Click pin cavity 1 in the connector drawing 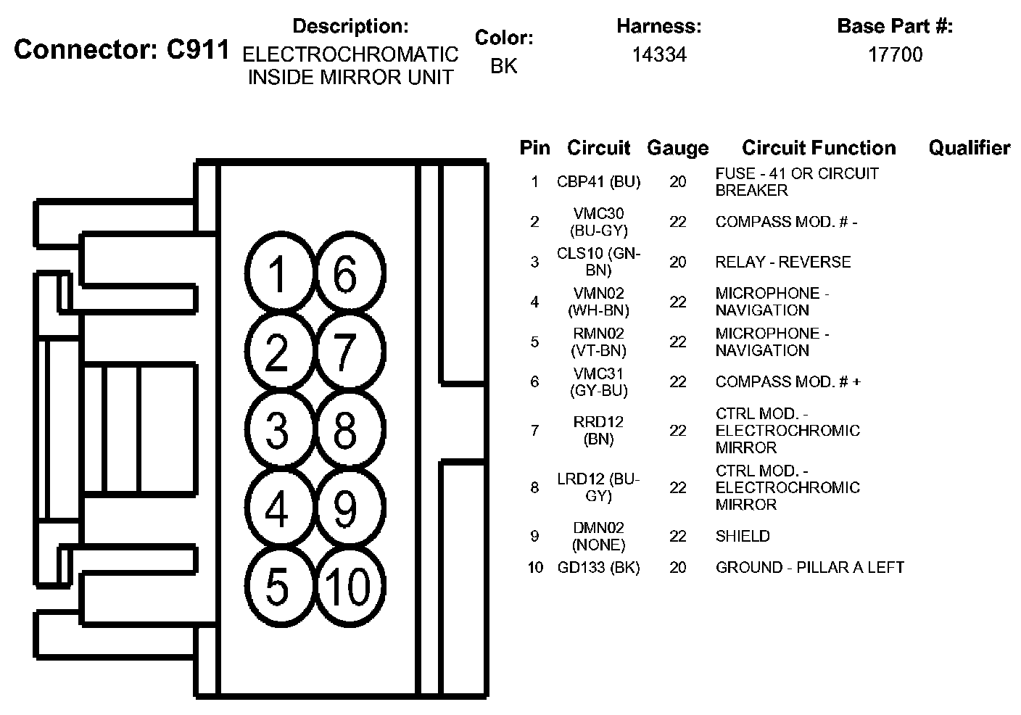(278, 273)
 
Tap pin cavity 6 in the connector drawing (346, 273)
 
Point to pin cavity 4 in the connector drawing (278, 508)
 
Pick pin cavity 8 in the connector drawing (346, 430)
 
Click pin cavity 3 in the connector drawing (278, 430)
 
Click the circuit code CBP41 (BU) (598, 182)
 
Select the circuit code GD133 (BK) (598, 567)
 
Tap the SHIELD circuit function (743, 536)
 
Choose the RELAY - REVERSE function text (782, 262)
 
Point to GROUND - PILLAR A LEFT (809, 567)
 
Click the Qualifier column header (969, 148)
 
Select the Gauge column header (677, 148)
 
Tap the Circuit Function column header (819, 148)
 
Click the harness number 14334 (658, 55)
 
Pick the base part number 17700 (895, 55)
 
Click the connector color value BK (504, 66)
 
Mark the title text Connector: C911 (122, 49)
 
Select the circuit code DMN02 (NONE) (598, 536)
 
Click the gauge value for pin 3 (677, 262)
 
